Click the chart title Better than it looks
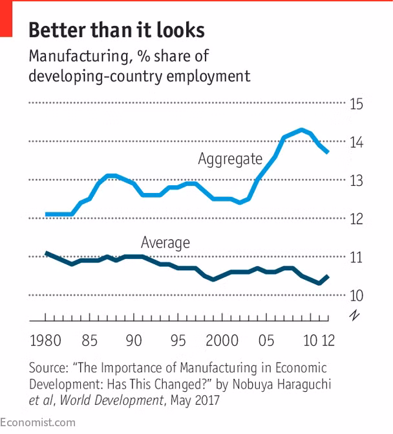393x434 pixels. pos(116,30)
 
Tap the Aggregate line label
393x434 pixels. pos(230,159)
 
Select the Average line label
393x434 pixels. pos(165,243)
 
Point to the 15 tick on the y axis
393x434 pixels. pos(356,104)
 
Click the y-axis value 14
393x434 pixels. pos(356,143)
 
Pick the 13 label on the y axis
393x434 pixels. pos(356,181)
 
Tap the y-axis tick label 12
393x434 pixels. pos(356,219)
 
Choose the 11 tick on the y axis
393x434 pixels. pos(356,258)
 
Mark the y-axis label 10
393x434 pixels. pos(356,296)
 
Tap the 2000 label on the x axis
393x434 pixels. pos(222,341)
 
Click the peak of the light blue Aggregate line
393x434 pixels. pos(301,130)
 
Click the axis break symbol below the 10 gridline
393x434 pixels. pos(355,315)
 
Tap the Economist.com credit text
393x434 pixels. pos(37,422)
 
